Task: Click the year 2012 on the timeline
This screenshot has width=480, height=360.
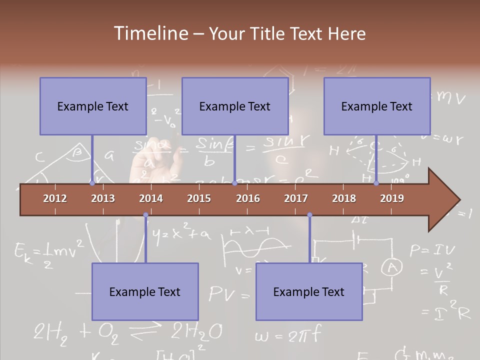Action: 55,198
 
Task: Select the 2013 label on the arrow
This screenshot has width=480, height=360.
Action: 103,198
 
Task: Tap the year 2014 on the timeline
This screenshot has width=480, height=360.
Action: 151,198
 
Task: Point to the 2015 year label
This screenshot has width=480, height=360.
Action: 199,198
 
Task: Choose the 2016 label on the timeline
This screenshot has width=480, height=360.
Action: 248,198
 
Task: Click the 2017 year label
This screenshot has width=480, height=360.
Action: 296,198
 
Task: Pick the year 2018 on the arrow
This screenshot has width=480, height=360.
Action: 344,198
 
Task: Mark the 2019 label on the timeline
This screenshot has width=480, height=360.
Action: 392,198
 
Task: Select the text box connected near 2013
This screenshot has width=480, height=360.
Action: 93,106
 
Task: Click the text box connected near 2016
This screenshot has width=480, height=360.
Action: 235,106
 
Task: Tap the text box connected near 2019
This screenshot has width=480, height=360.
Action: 377,106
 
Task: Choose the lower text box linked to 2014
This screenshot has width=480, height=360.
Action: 145,291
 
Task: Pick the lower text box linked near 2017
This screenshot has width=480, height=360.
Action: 309,291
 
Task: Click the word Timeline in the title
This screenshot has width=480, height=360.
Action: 150,33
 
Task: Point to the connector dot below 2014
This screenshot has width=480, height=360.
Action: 145,215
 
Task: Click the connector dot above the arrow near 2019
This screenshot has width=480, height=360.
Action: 376,183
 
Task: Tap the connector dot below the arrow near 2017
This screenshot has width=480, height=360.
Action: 309,215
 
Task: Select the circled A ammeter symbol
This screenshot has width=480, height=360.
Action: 392,268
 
